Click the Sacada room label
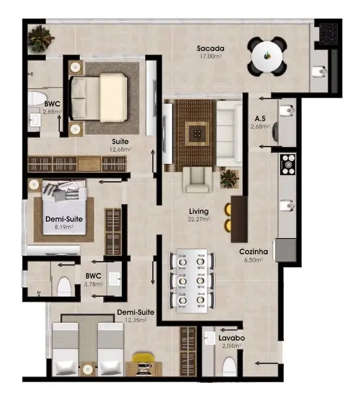pos(210,48)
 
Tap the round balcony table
pos(268,56)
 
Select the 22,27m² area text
pos(199,219)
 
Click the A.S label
pos(260,118)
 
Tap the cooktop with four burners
pos(288,164)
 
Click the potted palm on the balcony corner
pos(41,39)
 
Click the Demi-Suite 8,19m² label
pos(64,220)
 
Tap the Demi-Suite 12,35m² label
pos(135,313)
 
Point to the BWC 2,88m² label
pos(51,104)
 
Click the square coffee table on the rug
pos(195,132)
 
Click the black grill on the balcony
pos(328,33)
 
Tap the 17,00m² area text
pos(210,56)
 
